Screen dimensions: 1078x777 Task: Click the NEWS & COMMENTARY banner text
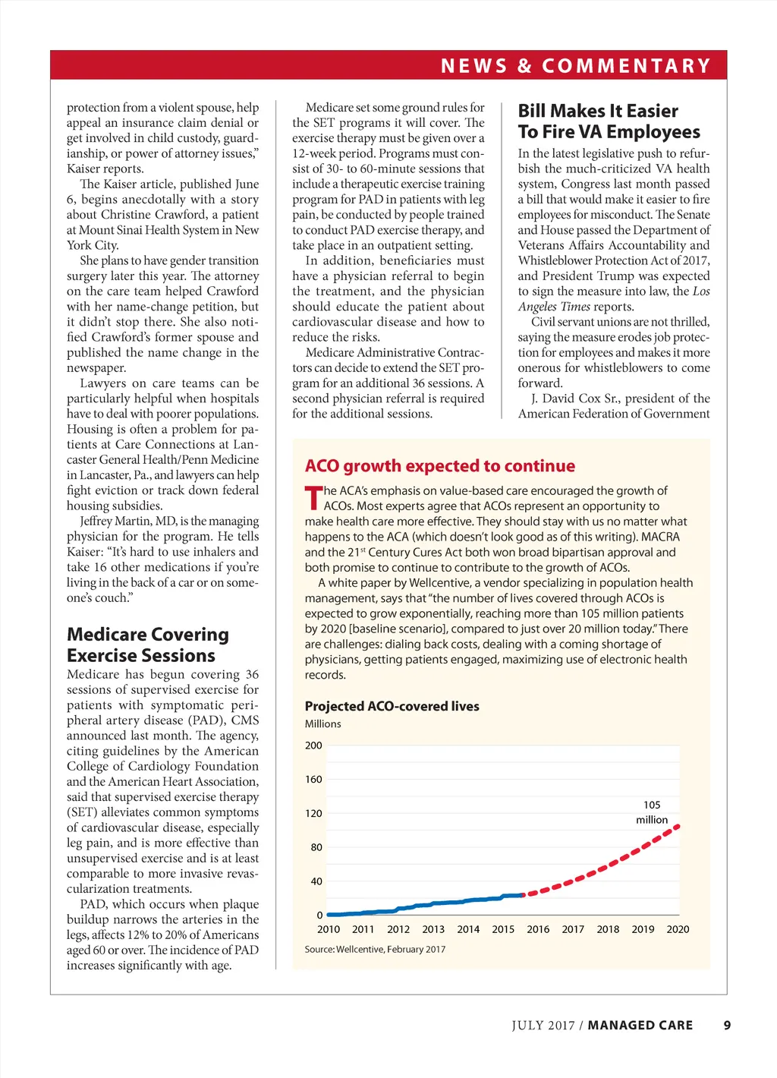[x=576, y=66]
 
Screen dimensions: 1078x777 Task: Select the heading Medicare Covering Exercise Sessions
[x=148, y=645]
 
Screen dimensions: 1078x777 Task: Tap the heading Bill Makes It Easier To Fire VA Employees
[x=609, y=121]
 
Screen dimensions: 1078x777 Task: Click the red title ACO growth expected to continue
[x=440, y=466]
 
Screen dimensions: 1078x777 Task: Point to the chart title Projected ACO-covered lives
[x=392, y=706]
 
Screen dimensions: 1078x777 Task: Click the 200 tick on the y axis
[x=313, y=745]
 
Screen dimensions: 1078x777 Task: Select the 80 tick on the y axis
[x=316, y=847]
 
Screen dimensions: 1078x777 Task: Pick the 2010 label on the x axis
[x=329, y=929]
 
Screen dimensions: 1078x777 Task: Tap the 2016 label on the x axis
[x=538, y=929]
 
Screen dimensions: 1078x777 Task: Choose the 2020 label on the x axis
[x=678, y=929]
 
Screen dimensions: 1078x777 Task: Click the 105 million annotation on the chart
[x=652, y=812]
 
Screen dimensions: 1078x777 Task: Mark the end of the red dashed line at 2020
[x=678, y=826]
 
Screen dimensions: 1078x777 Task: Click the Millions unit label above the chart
[x=323, y=724]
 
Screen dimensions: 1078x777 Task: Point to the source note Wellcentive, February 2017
[x=375, y=950]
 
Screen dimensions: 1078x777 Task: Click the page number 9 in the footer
[x=727, y=1026]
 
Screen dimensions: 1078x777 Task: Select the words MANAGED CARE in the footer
[x=640, y=1026]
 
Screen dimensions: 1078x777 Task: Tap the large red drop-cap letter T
[x=313, y=499]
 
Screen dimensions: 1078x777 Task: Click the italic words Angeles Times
[x=554, y=307]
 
